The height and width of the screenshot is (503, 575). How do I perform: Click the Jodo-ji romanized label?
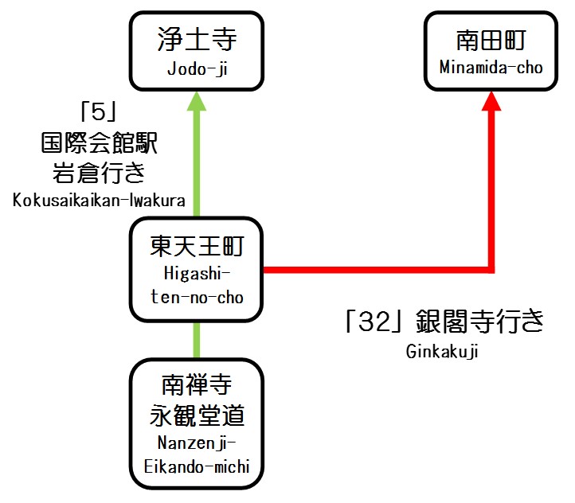198,68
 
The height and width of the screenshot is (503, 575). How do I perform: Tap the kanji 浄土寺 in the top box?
198,40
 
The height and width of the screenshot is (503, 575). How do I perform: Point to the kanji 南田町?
491,40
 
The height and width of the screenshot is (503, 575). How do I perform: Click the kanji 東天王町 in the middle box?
198,247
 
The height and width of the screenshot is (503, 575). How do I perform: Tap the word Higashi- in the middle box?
198,274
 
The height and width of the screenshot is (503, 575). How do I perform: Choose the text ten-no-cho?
198,296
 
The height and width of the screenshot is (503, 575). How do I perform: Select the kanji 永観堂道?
198,415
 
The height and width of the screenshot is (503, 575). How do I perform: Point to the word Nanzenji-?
198,444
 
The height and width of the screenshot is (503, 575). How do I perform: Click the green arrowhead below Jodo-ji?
198,102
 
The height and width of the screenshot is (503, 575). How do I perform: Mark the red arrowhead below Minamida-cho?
492,102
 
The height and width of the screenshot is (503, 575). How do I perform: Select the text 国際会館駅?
99,143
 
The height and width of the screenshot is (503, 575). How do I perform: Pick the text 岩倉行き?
99,172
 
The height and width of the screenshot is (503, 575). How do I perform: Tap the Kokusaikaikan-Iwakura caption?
99,200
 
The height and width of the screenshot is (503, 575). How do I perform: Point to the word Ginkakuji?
442,350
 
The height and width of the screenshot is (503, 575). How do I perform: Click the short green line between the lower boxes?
198,341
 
